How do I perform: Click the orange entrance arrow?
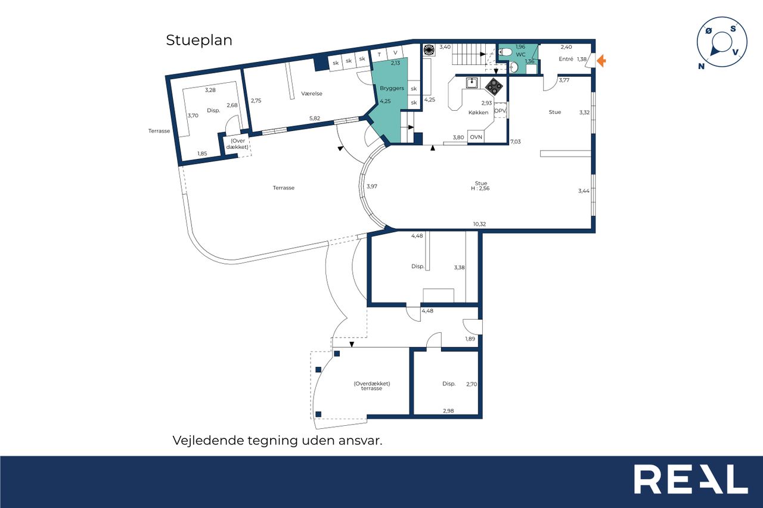[601, 61]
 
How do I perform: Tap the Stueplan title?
[199, 40]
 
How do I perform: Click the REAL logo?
[691, 479]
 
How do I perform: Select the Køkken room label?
[478, 113]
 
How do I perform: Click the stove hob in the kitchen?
[494, 86]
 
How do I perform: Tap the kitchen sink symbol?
[472, 83]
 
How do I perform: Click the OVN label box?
[476, 137]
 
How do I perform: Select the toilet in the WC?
[505, 52]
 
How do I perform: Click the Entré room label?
[566, 59]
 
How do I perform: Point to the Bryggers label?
[392, 88]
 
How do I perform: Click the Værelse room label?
[311, 94]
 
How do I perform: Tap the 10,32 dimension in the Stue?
[479, 225]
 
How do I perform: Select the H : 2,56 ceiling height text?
[480, 189]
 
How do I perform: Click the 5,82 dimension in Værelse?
[314, 119]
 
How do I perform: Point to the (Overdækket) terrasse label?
[371, 386]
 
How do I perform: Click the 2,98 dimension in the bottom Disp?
[448, 411]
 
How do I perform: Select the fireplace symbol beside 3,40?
[429, 50]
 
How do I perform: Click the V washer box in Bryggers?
[395, 53]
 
